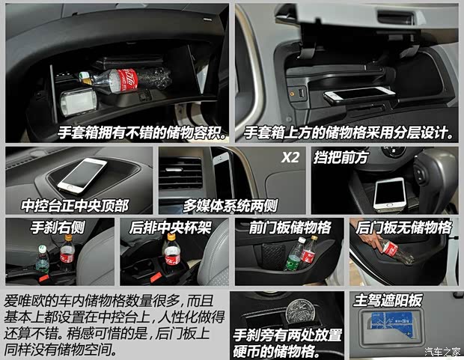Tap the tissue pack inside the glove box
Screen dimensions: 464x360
(x=79, y=101)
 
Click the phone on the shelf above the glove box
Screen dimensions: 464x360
(x=359, y=95)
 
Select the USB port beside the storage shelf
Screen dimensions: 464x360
(x=302, y=94)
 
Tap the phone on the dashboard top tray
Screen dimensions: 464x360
(x=82, y=175)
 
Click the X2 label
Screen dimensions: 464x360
(x=290, y=157)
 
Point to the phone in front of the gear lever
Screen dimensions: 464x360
(x=389, y=194)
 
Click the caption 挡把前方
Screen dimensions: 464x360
(x=341, y=157)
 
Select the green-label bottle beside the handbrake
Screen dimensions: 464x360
(x=43, y=260)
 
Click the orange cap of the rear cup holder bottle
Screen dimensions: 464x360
(x=171, y=237)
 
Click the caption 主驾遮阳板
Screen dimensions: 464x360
(x=388, y=300)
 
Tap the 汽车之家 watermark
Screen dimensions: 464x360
(x=442, y=352)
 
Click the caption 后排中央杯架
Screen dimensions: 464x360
(x=170, y=228)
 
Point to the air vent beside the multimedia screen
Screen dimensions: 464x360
(x=180, y=173)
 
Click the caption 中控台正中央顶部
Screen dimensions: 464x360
(x=75, y=206)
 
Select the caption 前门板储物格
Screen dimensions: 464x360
(x=290, y=228)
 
